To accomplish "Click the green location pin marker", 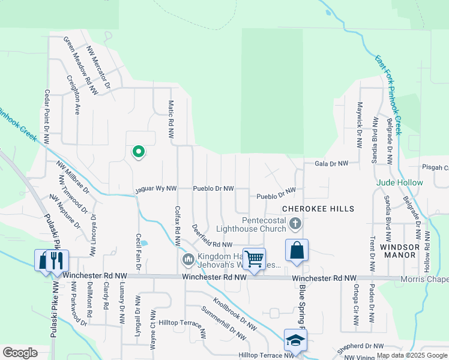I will point(139,152).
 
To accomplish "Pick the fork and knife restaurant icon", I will point(58,260).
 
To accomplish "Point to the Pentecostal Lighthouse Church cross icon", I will point(295,224).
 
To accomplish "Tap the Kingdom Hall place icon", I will point(187,259).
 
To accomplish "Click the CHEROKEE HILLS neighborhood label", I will point(318,209).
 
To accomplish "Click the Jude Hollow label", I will point(400,182).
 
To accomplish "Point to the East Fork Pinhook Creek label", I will point(388,95).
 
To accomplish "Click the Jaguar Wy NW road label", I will point(155,188).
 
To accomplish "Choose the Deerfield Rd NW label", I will point(212,236).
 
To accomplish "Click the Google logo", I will point(20,353).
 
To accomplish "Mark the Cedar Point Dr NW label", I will point(46,117).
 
